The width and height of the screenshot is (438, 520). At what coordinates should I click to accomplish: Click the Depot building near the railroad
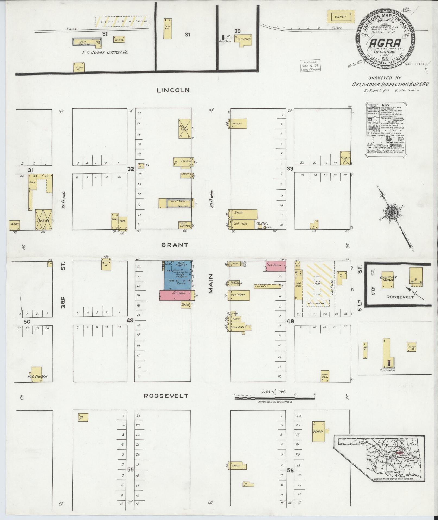point(341,17)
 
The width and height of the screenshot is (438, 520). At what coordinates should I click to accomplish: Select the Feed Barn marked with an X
point(185,129)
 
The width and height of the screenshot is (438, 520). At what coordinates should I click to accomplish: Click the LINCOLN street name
point(173,90)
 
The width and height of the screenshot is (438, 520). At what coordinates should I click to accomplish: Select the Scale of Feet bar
point(274,398)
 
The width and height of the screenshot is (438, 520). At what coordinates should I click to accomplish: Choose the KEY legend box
point(385,129)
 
